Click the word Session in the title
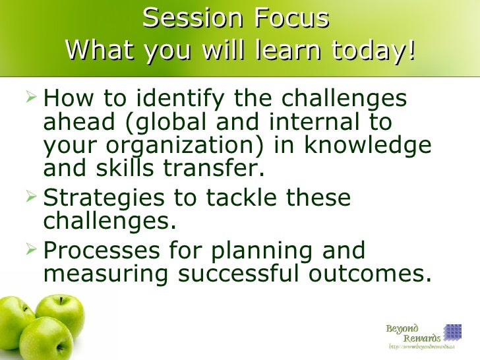tap(187, 18)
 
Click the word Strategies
tap(109, 197)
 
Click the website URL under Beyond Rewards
tap(421, 347)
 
